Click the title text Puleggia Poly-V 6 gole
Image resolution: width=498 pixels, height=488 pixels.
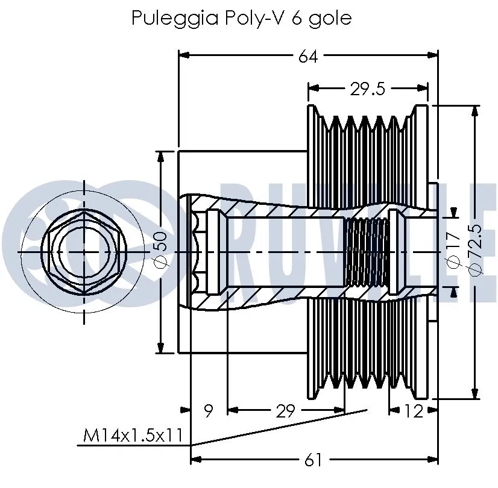click(241, 18)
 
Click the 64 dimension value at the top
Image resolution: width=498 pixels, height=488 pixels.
click(308, 56)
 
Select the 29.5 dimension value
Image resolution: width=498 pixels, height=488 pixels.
click(367, 89)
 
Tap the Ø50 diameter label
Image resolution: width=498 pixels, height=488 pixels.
click(160, 251)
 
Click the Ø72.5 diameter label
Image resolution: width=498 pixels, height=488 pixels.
click(475, 249)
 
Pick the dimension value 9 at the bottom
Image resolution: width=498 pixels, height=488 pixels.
click(208, 411)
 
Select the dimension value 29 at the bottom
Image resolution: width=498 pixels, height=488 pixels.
click(285, 411)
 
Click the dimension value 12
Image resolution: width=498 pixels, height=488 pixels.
click(413, 411)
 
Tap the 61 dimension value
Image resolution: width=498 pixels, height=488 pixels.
click(312, 460)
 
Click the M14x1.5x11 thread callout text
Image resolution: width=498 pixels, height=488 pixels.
click(133, 436)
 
